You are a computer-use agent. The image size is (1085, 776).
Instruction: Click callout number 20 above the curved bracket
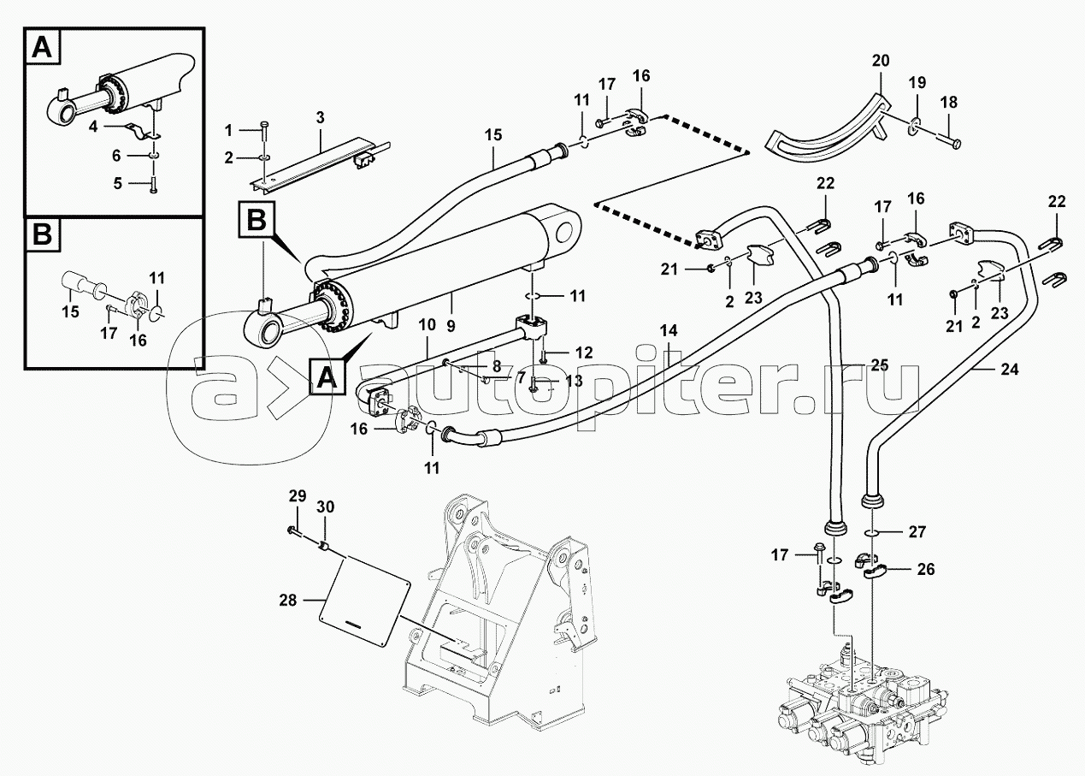pos(881,61)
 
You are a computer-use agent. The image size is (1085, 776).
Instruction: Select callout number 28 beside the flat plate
pos(287,601)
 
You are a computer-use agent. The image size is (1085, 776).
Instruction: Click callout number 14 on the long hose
pos(669,330)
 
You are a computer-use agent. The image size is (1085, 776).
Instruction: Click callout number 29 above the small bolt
pos(296,496)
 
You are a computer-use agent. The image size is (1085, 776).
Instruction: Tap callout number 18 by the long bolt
pos(947,102)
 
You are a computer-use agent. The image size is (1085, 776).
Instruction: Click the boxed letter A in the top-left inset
pos(43,49)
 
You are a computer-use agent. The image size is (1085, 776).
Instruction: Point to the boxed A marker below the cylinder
pos(325,377)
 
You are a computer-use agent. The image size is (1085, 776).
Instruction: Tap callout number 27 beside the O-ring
pos(917,531)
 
